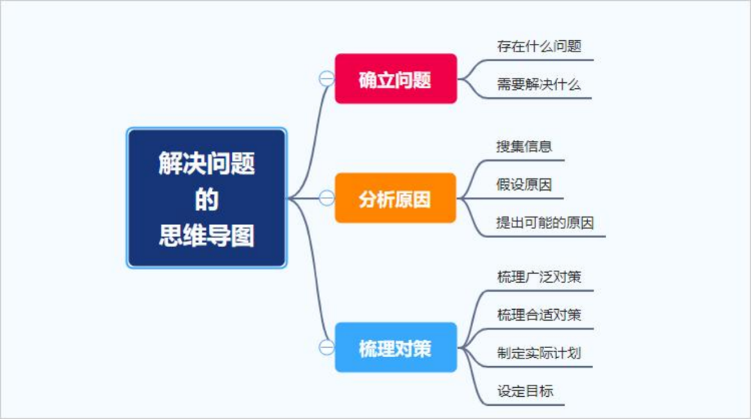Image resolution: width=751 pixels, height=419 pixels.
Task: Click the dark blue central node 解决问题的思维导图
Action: point(207,198)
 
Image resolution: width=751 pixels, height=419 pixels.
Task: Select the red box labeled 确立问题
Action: point(396,79)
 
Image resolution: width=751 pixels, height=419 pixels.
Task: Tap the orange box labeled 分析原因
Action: point(395,198)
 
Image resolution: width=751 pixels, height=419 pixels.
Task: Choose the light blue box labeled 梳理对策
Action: point(396,347)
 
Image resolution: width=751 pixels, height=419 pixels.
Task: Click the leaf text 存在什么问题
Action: point(540,47)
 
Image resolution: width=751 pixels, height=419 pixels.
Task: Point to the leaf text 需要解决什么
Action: point(539,85)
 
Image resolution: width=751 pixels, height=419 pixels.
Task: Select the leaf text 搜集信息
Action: point(524,146)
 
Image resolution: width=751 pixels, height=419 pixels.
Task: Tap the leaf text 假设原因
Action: point(524,184)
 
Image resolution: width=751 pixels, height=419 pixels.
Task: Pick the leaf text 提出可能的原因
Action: point(545,223)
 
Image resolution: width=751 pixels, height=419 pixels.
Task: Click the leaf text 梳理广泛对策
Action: point(540,276)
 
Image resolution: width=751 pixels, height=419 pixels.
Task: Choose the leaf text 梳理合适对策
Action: point(540,315)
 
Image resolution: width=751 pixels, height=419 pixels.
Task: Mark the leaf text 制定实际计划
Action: point(540,354)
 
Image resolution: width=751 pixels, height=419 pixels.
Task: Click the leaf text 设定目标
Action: point(526,391)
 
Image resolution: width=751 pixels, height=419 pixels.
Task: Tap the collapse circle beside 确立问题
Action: point(327,79)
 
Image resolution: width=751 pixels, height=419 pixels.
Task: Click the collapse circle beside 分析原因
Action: point(327,198)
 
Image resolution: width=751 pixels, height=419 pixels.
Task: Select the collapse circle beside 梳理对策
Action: point(327,347)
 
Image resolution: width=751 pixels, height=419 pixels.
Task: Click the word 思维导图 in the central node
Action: point(207,236)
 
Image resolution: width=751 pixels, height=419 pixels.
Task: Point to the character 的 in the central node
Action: point(207,200)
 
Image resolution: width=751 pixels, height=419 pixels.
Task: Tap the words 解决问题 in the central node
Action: point(207,163)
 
